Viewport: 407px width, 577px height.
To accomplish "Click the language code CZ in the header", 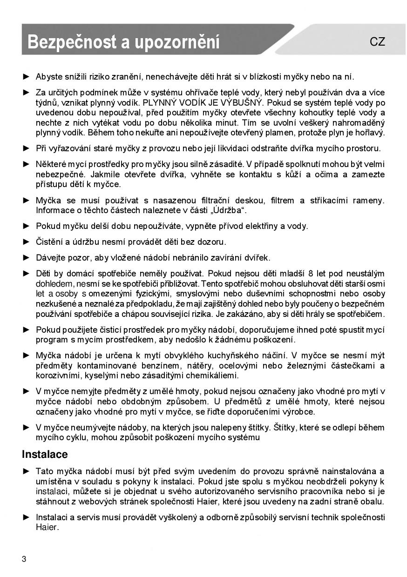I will coord(377,42).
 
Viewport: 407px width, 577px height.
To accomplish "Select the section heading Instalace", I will coord(45,454).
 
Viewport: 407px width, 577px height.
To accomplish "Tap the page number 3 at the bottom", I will coord(24,559).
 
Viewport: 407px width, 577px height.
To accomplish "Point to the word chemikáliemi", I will coord(210,375).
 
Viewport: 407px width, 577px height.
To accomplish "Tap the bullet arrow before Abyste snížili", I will coord(26,76).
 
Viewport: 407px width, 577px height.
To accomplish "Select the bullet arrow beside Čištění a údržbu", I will coord(26,242).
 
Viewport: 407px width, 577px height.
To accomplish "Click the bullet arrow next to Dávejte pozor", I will coord(26,257).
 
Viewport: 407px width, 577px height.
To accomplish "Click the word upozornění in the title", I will coord(177,42).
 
